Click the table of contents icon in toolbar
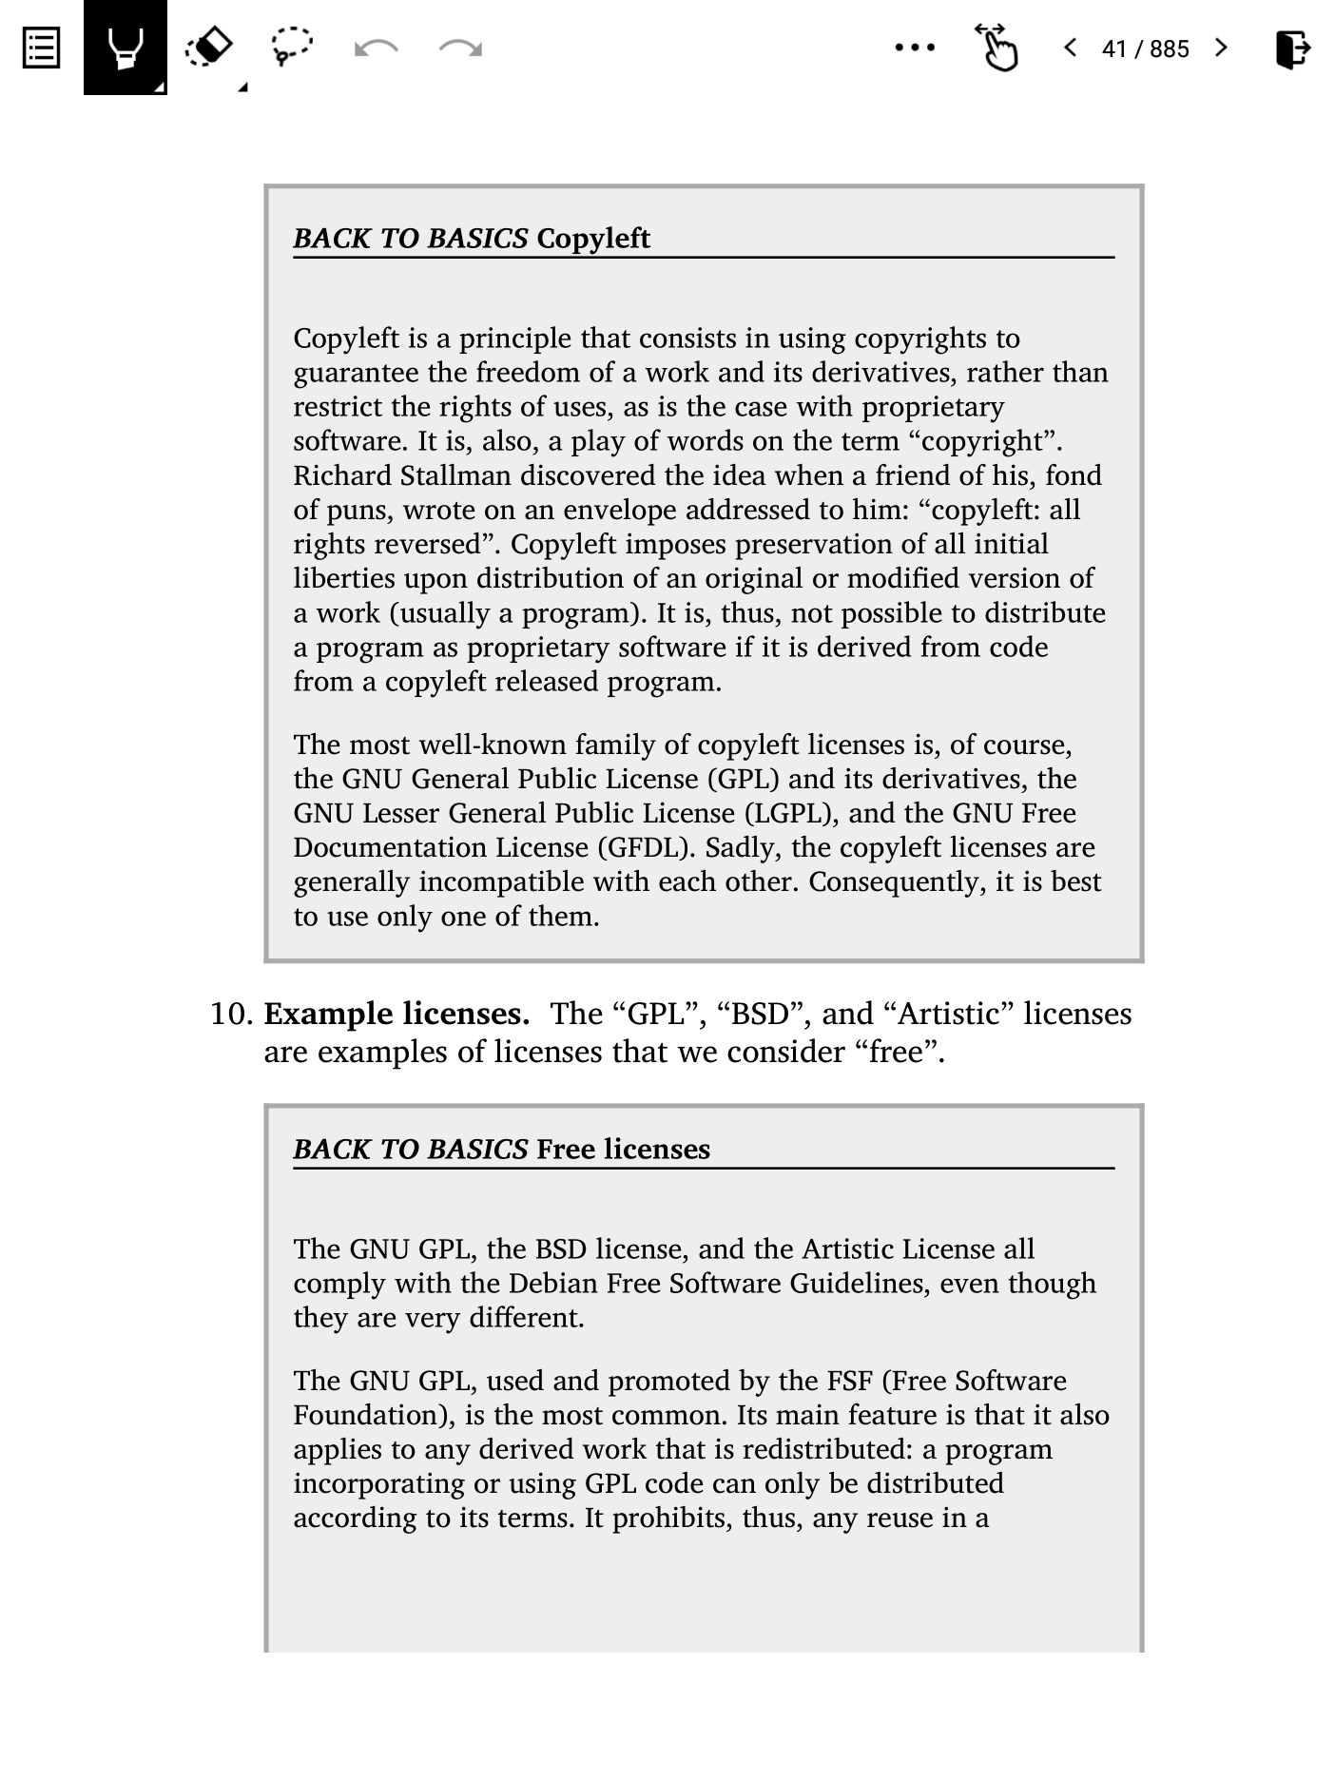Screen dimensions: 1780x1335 41,48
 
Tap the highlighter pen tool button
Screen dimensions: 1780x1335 126,48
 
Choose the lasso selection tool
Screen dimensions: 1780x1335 291,46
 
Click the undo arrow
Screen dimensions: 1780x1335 376,48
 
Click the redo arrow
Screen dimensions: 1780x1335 460,48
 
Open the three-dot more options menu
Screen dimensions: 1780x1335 915,48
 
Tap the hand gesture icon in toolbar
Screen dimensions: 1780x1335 996,48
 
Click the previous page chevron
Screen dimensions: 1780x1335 1071,48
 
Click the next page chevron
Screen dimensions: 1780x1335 1222,48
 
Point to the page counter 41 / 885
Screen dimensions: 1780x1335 1145,48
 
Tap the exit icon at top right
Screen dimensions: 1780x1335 1292,48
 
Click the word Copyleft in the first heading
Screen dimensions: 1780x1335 592,238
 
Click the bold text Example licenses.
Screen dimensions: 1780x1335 397,1014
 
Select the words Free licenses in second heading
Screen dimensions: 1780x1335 623,1149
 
